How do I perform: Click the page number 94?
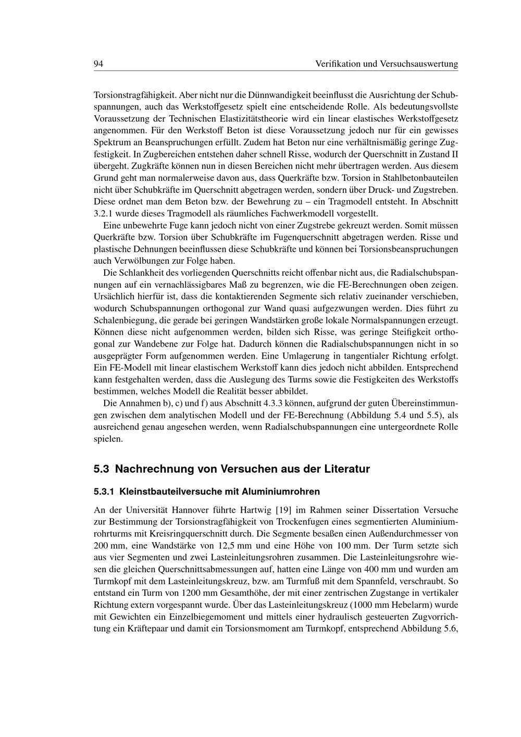[x=98, y=64]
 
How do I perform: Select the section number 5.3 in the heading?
[x=101, y=469]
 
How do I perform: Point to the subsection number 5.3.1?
[x=104, y=492]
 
